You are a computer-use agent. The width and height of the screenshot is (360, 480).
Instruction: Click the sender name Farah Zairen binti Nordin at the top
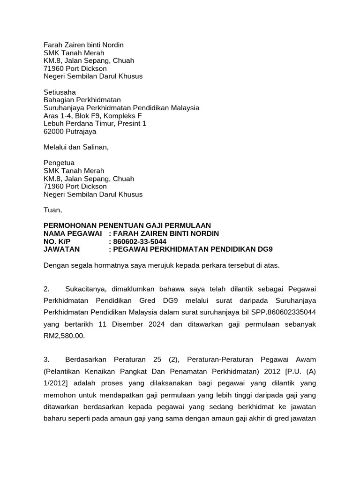coord(83,45)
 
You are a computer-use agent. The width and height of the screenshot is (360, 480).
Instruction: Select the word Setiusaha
coord(60,92)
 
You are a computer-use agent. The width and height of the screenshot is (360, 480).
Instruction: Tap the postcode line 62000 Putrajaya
coord(70,132)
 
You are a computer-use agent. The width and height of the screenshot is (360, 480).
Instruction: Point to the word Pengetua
coord(59,163)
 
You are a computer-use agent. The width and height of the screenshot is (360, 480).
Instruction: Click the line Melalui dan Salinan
coord(76,147)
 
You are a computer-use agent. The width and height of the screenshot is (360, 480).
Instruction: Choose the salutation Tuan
coord(52,210)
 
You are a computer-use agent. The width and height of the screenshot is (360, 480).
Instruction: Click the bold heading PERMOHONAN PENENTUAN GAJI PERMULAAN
coord(127,225)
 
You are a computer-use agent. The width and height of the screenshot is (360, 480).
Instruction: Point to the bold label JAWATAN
coord(61,249)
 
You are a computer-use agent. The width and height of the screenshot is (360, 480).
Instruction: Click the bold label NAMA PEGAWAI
coord(73,233)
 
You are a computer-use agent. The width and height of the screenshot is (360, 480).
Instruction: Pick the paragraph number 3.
coord(46,360)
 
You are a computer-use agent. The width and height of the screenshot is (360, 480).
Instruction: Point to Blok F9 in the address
coord(88,116)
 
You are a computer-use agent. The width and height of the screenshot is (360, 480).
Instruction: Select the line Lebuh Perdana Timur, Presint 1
coord(95,124)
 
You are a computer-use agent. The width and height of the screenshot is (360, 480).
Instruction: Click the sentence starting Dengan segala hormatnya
coord(161,265)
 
